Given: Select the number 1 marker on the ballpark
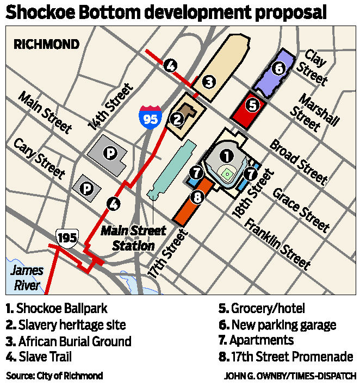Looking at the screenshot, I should point(226,155).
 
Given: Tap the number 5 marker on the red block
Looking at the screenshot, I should point(251,104).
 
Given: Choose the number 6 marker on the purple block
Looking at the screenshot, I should point(278,69).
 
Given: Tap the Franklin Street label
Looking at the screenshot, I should point(278,244).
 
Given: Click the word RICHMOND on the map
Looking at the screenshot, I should point(46,44).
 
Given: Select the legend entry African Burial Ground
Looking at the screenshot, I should point(68,342).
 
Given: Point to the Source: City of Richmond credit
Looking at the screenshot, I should point(54,376).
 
